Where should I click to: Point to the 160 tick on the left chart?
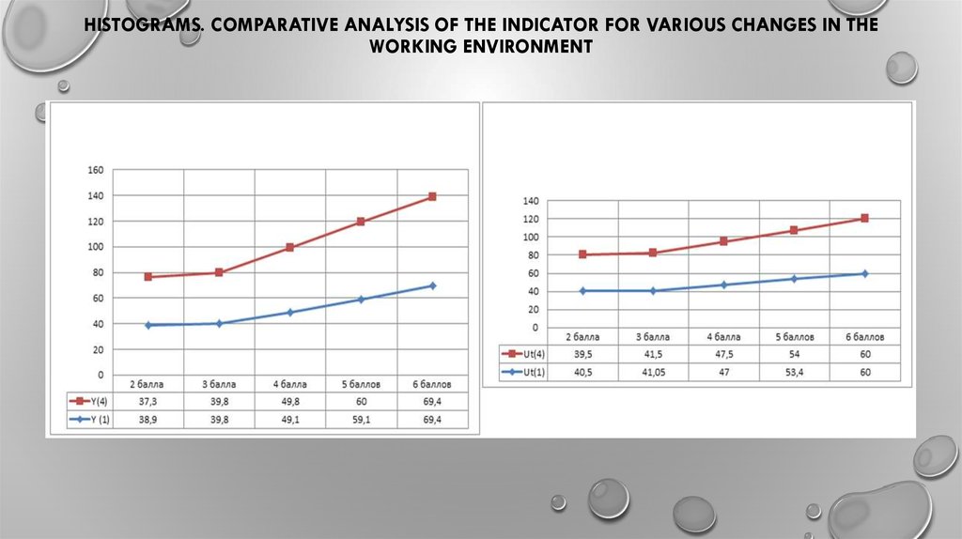pos(94,170)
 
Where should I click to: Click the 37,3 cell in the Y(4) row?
pos(147,402)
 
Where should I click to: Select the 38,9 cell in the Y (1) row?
pos(147,420)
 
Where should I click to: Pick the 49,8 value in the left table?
pos(289,402)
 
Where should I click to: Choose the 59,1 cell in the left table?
pos(361,420)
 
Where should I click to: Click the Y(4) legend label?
pos(95,402)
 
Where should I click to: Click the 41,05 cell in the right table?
pos(652,373)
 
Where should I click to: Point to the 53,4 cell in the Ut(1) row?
pos(794,373)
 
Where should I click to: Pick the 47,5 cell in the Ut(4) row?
pos(722,355)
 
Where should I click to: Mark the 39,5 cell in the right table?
pos(582,355)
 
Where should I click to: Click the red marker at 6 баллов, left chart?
pos(432,196)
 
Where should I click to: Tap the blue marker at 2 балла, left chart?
pos(148,325)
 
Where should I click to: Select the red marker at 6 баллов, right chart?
pos(864,218)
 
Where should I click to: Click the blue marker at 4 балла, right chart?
pos(723,285)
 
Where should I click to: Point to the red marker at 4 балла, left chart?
pos(290,248)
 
